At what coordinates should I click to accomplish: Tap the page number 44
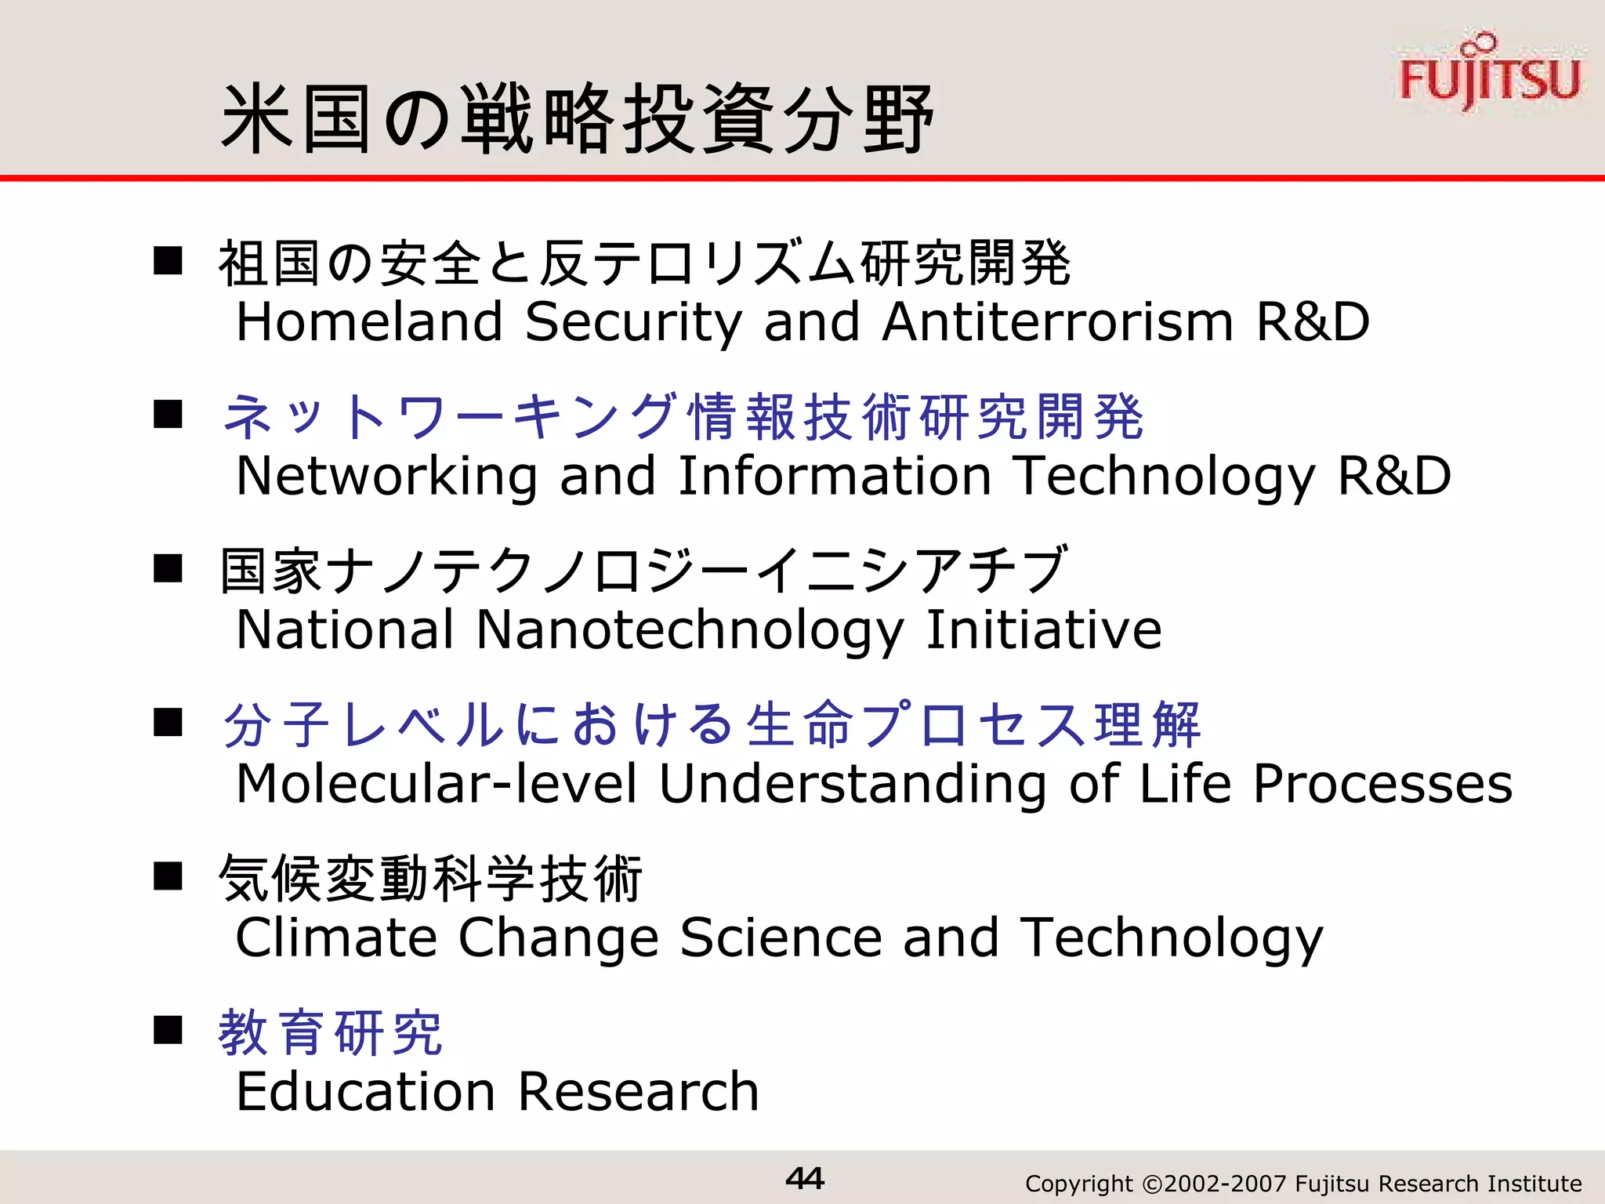pos(804,1178)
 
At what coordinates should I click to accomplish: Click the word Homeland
pos(369,322)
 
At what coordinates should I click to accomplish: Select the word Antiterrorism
pos(1058,322)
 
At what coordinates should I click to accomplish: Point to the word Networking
pos(386,477)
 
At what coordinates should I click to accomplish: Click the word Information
pos(835,476)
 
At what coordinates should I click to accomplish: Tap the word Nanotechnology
pos(690,630)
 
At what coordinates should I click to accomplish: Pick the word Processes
pos(1382,783)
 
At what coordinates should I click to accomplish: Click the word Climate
pos(336,937)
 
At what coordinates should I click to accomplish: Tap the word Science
pos(781,937)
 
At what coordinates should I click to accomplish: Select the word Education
pos(365,1091)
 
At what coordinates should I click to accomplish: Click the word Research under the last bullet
pos(638,1091)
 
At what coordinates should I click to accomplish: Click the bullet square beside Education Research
pos(168,1030)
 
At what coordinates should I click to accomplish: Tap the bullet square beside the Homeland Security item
pos(168,260)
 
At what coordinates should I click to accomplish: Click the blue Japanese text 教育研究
pos(331,1033)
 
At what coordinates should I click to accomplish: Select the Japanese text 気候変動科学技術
pos(431,879)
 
